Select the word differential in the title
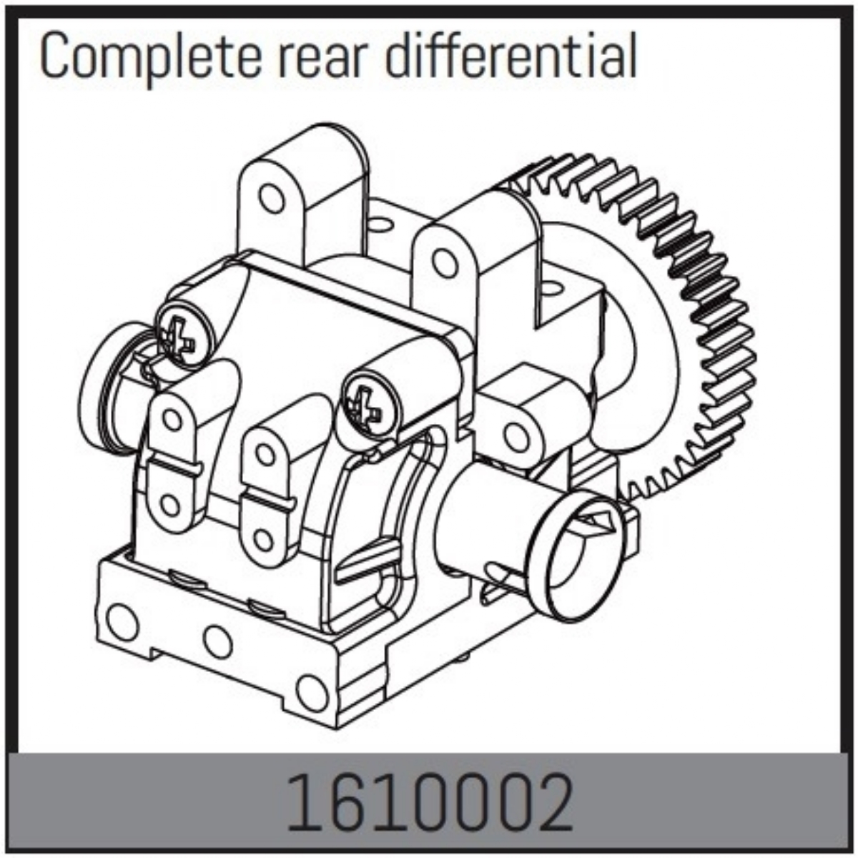512,58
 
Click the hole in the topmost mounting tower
271,197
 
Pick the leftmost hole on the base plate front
122,622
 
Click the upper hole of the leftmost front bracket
173,419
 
